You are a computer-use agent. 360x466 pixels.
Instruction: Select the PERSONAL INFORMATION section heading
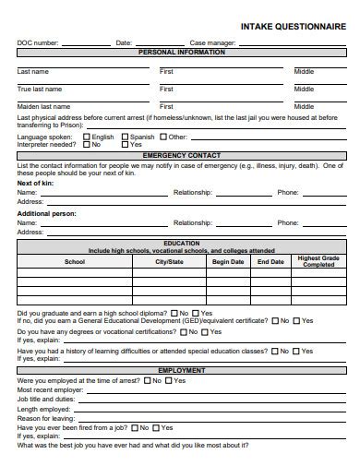181,53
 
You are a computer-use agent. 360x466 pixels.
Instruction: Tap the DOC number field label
38,42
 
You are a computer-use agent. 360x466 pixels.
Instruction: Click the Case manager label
211,42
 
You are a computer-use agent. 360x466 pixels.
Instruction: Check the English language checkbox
86,137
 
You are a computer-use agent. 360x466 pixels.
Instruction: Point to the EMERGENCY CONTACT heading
181,155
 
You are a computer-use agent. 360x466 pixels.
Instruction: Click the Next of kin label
35,183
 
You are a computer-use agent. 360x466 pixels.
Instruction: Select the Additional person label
46,213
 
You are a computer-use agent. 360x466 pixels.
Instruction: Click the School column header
74,262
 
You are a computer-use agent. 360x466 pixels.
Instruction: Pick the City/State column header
169,262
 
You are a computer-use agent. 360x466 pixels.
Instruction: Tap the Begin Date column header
228,262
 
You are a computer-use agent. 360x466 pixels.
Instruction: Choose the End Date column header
270,262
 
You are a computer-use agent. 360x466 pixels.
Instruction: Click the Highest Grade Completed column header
318,261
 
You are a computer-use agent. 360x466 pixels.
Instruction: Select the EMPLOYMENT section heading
181,370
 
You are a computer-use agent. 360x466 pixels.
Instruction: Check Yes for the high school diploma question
197,313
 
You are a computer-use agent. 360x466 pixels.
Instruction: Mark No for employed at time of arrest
144,380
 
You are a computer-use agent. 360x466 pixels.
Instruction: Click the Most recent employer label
51,389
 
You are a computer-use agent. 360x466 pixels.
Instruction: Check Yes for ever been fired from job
157,428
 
